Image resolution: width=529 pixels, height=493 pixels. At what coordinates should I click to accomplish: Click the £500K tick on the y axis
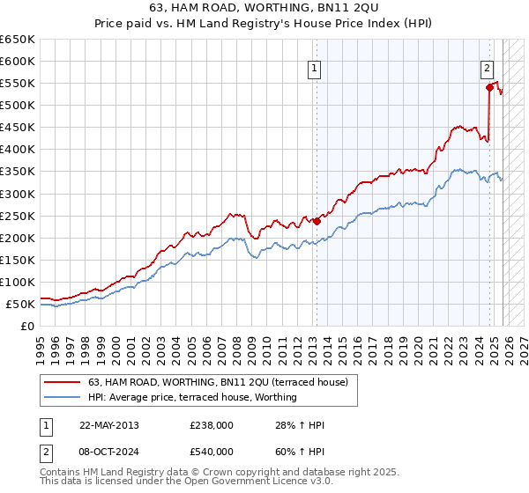(17, 106)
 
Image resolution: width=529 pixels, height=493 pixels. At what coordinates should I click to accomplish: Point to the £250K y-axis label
(17, 216)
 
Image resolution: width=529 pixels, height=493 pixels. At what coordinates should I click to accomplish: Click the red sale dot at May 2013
(317, 221)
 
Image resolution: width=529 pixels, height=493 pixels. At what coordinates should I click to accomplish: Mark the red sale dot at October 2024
(488, 87)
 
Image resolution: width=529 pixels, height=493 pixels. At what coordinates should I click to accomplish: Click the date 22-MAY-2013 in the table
(108, 425)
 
